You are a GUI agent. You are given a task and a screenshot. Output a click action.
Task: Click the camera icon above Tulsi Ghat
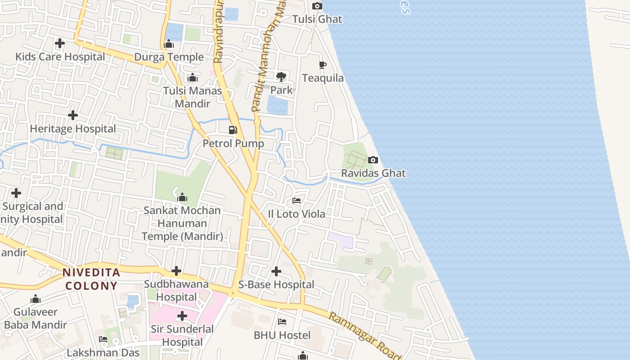point(317,6)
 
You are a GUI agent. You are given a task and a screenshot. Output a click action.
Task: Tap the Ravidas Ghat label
point(373,173)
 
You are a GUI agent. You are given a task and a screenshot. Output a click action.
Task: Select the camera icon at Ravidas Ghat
point(373,160)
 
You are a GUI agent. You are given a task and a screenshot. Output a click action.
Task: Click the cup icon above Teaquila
point(323,65)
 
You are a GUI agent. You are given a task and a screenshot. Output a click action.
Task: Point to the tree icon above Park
point(281,77)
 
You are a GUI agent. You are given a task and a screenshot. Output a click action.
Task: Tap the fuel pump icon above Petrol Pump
point(233,130)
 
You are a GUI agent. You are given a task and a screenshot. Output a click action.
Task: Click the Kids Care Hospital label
point(60,57)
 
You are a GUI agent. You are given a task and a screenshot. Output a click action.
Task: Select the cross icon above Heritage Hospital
point(73,115)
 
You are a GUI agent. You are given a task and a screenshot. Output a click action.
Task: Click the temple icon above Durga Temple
point(169,44)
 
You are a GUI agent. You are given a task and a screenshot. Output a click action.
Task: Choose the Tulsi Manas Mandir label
point(193,97)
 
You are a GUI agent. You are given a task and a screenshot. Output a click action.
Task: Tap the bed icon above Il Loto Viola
point(297,200)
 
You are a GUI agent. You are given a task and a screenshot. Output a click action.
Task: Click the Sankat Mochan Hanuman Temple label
point(182,223)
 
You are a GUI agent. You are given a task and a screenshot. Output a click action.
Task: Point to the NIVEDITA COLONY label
point(91,279)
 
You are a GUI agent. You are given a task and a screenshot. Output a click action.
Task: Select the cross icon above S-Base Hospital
point(276,271)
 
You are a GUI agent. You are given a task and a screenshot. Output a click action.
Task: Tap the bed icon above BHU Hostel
point(282,322)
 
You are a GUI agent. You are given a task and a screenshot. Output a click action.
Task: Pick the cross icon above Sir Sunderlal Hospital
point(182,316)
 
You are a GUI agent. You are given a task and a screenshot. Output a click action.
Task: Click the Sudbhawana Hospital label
point(176,291)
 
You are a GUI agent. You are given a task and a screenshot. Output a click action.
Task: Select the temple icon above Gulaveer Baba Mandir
point(36,299)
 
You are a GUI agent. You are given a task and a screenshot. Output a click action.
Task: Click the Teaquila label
point(323,78)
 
